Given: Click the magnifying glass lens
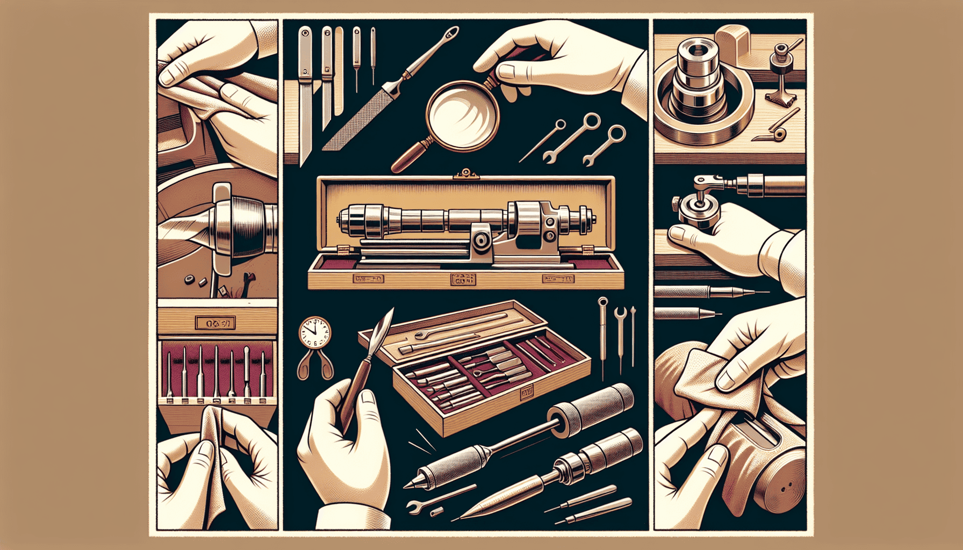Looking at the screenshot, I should tap(463, 114).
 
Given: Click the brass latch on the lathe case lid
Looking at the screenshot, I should tap(465, 173).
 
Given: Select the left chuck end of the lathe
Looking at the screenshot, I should tap(349, 220).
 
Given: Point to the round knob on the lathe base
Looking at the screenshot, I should tap(483, 242).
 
